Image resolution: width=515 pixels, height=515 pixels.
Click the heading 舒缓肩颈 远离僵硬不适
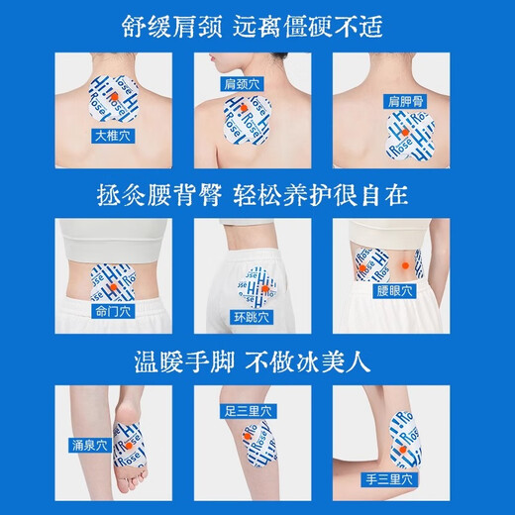coord(257,22)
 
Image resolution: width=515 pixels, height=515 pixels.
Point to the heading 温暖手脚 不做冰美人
coord(257,358)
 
